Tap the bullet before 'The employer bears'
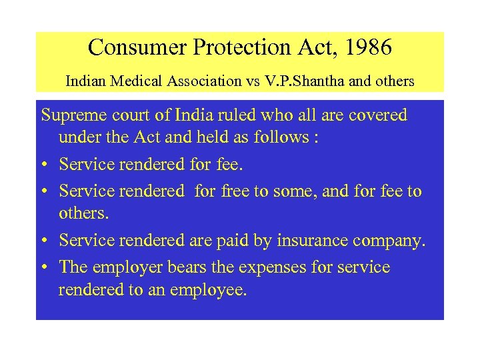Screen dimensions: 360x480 pyautogui.click(x=45, y=267)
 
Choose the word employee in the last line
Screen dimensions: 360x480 pyautogui.click(x=208, y=291)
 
